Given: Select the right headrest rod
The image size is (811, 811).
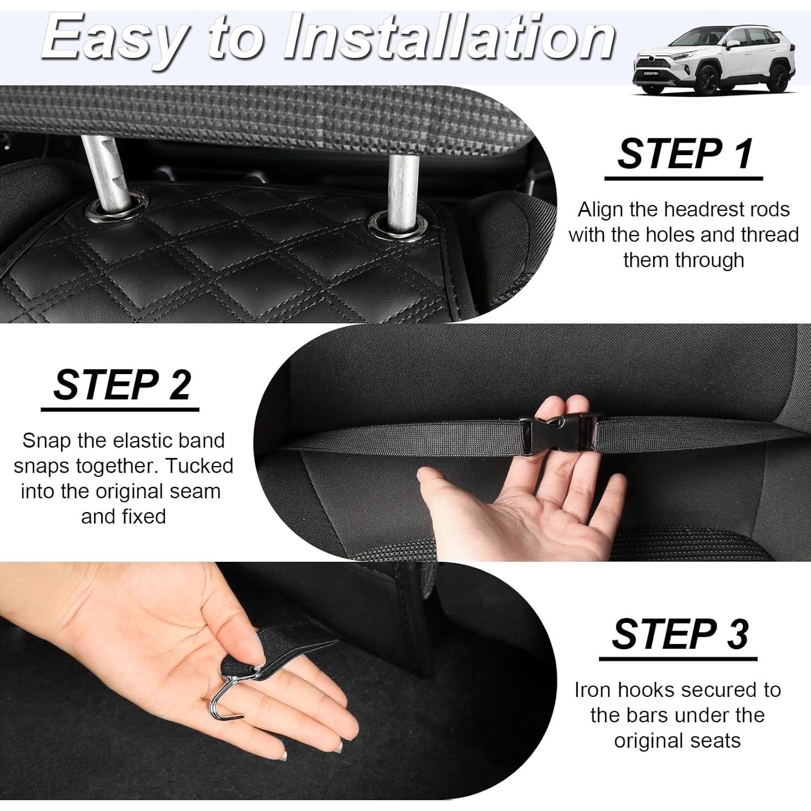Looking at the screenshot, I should pos(402,187).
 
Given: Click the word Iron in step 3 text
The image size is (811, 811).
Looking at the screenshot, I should pos(593,690).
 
